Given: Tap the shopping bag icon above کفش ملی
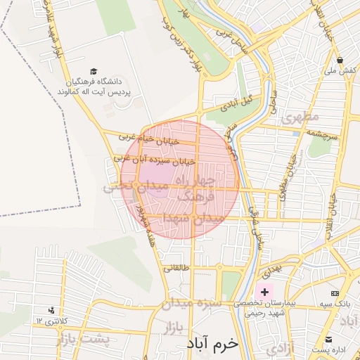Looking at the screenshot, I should [x=340, y=60].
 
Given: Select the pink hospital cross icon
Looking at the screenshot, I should [x=264, y=292].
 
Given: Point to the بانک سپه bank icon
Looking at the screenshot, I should [x=335, y=292].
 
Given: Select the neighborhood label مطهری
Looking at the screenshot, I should [x=300, y=117].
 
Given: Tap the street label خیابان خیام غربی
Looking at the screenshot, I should [x=149, y=139].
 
